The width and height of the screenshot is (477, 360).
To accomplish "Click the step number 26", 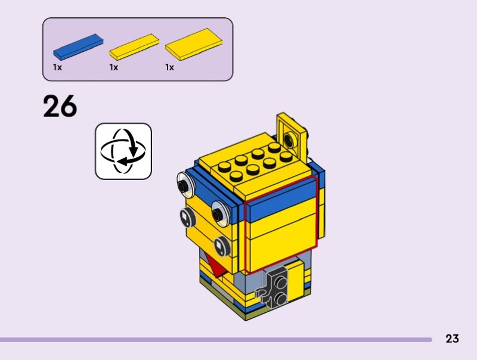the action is (60, 106).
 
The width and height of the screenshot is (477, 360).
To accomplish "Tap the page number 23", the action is (452, 339).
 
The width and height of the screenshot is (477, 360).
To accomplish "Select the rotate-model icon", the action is (123, 151).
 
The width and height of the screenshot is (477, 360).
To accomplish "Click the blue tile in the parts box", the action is (78, 46).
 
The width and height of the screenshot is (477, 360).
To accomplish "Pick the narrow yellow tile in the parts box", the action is (134, 47).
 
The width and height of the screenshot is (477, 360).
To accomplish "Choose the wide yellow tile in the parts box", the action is (194, 44).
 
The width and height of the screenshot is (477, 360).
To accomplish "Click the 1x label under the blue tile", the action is (57, 67).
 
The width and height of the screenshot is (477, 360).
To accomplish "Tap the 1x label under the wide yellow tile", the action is (169, 67).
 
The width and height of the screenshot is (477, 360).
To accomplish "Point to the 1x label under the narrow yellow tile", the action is (113, 67).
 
